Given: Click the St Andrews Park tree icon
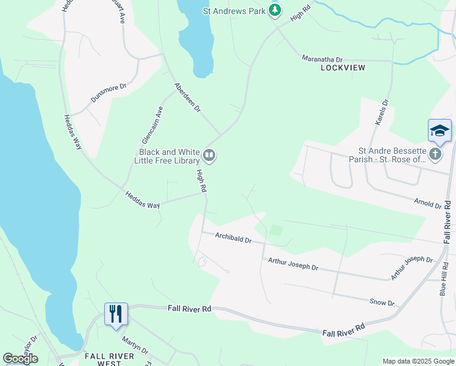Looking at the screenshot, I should (x=276, y=10).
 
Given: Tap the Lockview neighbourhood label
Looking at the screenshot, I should (x=343, y=68).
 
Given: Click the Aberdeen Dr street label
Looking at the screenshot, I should (x=187, y=98).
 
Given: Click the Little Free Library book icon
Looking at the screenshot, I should (x=210, y=156).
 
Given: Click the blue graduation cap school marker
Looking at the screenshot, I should (x=440, y=131).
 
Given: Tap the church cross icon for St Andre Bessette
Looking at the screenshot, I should (x=435, y=154).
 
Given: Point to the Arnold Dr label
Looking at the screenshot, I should (x=427, y=204).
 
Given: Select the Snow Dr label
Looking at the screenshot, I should (x=382, y=303).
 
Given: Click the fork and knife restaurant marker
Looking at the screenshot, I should (x=116, y=314).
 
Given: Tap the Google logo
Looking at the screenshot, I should (x=20, y=359).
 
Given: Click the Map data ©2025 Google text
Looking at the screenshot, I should (x=418, y=361).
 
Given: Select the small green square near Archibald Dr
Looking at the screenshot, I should (x=276, y=230).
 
